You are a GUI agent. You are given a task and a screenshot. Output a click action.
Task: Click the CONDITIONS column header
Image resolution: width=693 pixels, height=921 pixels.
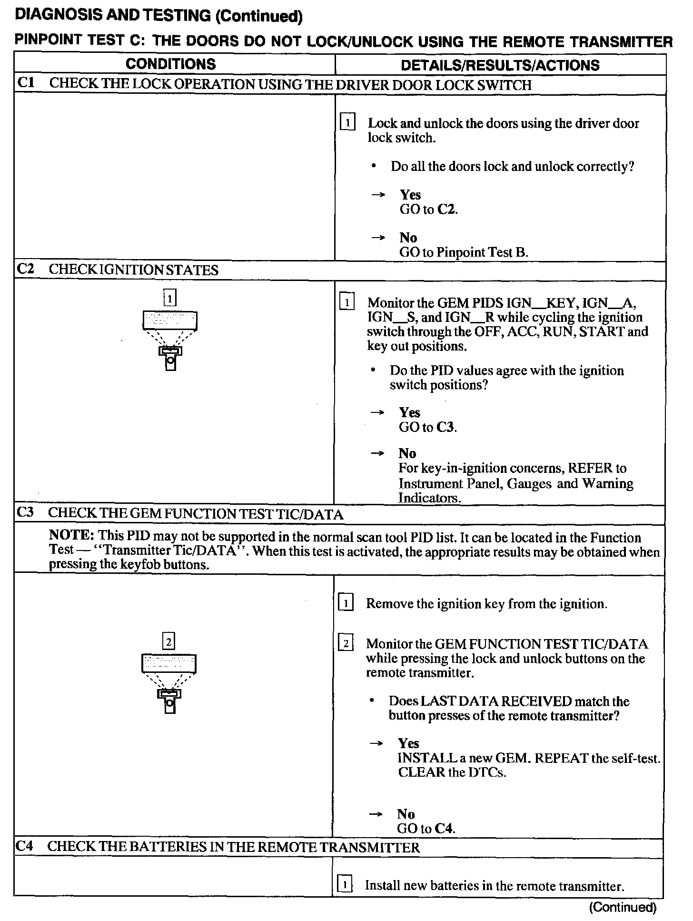coord(170,64)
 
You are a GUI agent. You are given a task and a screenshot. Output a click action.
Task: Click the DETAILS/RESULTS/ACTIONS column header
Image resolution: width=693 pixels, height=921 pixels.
coord(500,65)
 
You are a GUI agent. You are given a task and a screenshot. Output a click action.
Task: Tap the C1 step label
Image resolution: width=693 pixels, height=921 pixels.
coord(26,83)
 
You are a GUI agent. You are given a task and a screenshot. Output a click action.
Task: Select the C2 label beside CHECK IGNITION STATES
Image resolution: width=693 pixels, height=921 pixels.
coord(26,269)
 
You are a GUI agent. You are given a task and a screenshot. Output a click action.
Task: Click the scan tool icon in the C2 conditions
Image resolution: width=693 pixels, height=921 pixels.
coord(170,340)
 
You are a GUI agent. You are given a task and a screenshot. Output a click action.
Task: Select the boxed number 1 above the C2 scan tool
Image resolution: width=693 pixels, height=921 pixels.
coord(170,298)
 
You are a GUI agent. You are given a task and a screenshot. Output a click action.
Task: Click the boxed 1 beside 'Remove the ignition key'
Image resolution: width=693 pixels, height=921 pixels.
coord(345,603)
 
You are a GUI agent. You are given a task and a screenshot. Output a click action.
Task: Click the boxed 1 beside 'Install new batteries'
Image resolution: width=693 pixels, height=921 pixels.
coord(345,885)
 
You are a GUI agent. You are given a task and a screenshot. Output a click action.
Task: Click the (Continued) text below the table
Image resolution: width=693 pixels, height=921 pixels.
coord(623,907)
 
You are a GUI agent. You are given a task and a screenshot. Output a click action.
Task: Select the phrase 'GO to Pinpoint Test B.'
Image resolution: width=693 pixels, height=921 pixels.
coord(464,252)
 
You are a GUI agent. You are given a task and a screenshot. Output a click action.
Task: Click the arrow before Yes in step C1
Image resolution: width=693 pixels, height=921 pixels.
coord(378,195)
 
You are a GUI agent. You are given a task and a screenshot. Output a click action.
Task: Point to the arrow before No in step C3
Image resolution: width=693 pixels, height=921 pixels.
coord(376,814)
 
